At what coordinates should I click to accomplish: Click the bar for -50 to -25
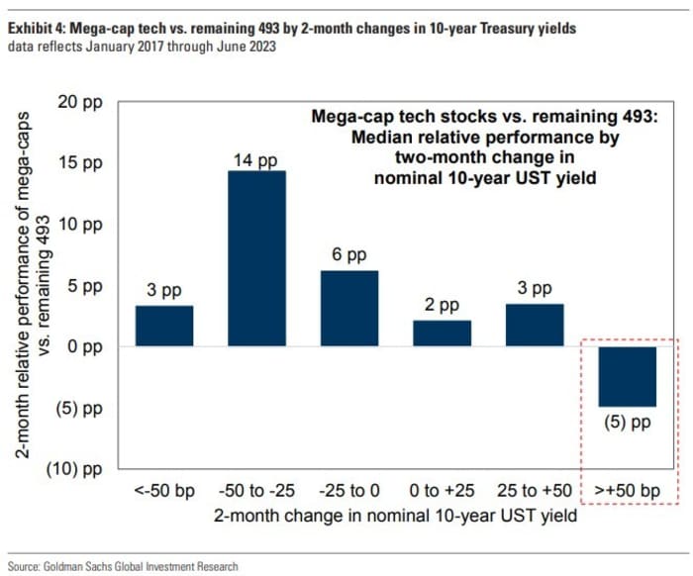[256, 258]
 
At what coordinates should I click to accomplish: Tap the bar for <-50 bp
[164, 326]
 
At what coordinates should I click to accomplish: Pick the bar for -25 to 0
[348, 308]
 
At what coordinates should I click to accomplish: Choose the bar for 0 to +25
[442, 333]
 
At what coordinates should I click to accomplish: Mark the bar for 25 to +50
[534, 325]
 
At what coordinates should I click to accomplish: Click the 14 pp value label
[256, 160]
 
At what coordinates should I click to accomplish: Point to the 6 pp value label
[348, 254]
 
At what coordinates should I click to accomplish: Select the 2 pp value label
[442, 306]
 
